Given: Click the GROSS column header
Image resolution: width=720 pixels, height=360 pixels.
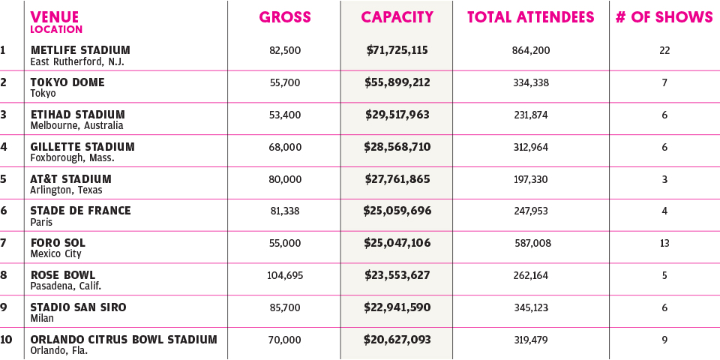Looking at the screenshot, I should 285,17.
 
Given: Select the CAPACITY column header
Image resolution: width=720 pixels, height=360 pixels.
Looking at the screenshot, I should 397,17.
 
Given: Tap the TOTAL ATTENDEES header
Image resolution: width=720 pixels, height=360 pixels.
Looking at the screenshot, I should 530,17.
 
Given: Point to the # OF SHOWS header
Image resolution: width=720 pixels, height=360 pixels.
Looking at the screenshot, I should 664,17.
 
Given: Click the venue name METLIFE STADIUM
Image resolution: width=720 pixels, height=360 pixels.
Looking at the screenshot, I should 80,50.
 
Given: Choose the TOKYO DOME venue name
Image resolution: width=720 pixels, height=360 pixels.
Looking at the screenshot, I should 67,82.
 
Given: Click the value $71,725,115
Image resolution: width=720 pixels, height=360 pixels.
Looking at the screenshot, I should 397,50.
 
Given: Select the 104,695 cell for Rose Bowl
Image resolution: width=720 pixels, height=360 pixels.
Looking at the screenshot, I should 285,275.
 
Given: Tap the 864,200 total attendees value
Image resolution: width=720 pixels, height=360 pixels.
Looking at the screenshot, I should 530,50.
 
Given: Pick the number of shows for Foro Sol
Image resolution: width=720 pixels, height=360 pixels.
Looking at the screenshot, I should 664,243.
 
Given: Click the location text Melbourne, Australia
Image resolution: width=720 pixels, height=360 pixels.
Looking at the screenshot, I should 76,125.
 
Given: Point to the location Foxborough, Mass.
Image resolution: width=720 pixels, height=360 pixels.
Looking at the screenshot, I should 72,157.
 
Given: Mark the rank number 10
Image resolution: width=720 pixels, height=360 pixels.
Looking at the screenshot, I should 7,340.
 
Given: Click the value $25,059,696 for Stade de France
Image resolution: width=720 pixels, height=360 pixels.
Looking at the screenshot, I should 397,211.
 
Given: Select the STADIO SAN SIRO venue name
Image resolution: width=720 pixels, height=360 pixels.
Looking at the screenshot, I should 78,307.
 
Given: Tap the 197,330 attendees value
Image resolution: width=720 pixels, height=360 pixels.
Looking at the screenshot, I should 530,178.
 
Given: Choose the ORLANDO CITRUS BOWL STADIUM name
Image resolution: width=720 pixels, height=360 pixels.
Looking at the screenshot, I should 124,340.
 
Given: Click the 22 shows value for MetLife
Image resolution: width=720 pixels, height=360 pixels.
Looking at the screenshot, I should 664,50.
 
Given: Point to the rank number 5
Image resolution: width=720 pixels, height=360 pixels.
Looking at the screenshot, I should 4,179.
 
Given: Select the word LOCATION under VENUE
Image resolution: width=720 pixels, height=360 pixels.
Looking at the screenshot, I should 56,29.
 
